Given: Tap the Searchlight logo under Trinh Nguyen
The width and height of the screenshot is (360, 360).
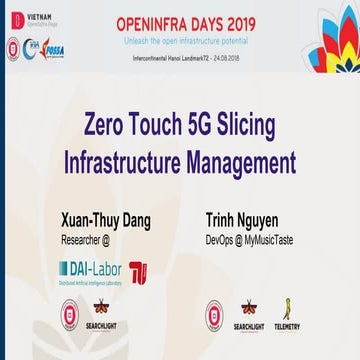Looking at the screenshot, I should click(x=249, y=316).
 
